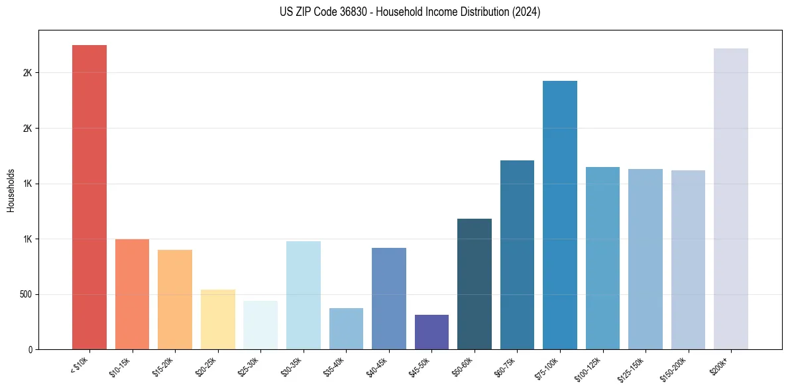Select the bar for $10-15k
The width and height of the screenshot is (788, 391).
pos(132,294)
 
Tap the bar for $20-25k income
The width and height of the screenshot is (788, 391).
pos(217,319)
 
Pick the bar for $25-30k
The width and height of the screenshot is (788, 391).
pos(260,325)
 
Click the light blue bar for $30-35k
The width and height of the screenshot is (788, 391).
pos(303,295)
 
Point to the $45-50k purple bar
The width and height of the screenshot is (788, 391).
pos(431,332)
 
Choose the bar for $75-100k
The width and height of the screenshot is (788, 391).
pos(560,215)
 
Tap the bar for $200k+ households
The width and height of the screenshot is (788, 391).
pos(731,199)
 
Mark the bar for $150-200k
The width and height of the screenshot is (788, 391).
pos(688,260)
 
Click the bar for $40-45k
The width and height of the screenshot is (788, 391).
pos(389,298)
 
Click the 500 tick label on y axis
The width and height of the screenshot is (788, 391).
pos(27,294)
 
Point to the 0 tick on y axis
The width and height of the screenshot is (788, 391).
pos(29,349)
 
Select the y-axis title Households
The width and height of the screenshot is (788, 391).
pos(11,190)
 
